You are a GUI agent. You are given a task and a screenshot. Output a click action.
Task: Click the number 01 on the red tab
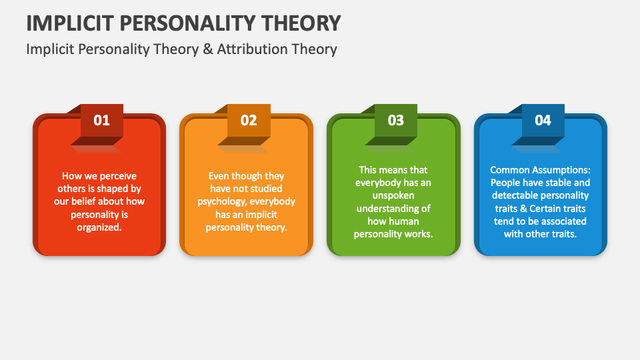coord(101,121)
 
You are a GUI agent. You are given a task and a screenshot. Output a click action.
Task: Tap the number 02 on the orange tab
coord(249,121)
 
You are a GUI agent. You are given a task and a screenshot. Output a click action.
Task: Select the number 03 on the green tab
coord(395,121)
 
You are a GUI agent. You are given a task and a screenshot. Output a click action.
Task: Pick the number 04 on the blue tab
coord(543,121)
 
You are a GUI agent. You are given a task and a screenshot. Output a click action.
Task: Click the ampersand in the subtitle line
coord(208,49)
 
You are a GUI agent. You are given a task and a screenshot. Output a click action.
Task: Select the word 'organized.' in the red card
coord(99,227)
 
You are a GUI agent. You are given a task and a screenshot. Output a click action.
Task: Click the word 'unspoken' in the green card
coord(393,195)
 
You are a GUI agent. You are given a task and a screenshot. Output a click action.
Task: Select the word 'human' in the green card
coord(404,221)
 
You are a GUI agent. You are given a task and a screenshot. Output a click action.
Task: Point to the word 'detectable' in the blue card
coord(515,195)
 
